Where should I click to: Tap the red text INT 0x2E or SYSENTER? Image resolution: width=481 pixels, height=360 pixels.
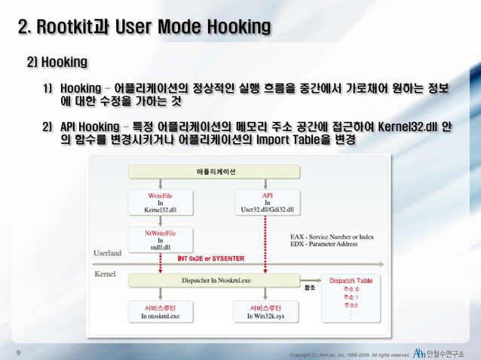tap(210, 258)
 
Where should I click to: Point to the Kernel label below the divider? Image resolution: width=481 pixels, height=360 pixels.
tap(105, 273)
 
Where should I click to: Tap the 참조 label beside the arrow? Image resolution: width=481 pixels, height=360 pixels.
tap(308, 288)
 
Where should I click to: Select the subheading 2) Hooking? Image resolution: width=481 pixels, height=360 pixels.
tap(58, 59)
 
